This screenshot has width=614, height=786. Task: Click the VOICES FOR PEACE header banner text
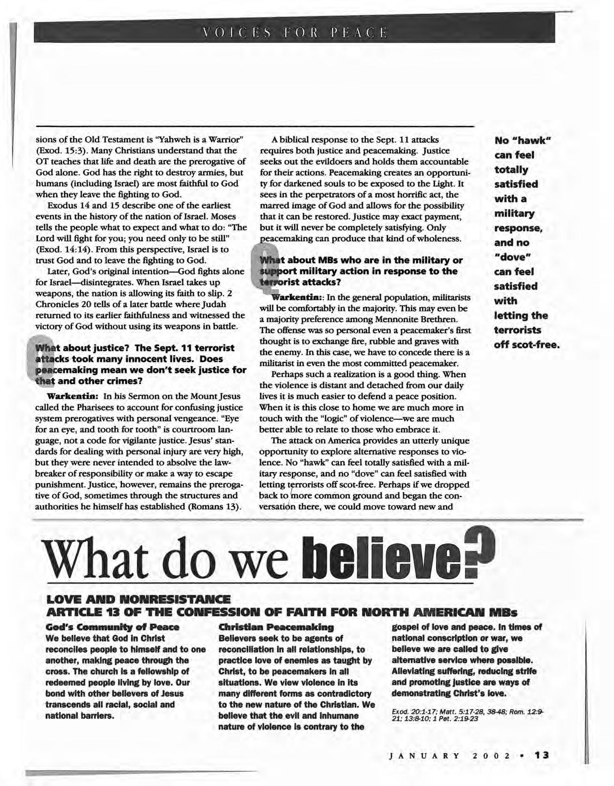[x=294, y=33]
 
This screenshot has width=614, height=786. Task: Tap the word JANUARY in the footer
[x=423, y=755]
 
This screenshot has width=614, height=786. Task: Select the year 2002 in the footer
[x=492, y=755]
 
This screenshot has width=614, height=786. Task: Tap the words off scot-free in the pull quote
[x=527, y=345]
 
